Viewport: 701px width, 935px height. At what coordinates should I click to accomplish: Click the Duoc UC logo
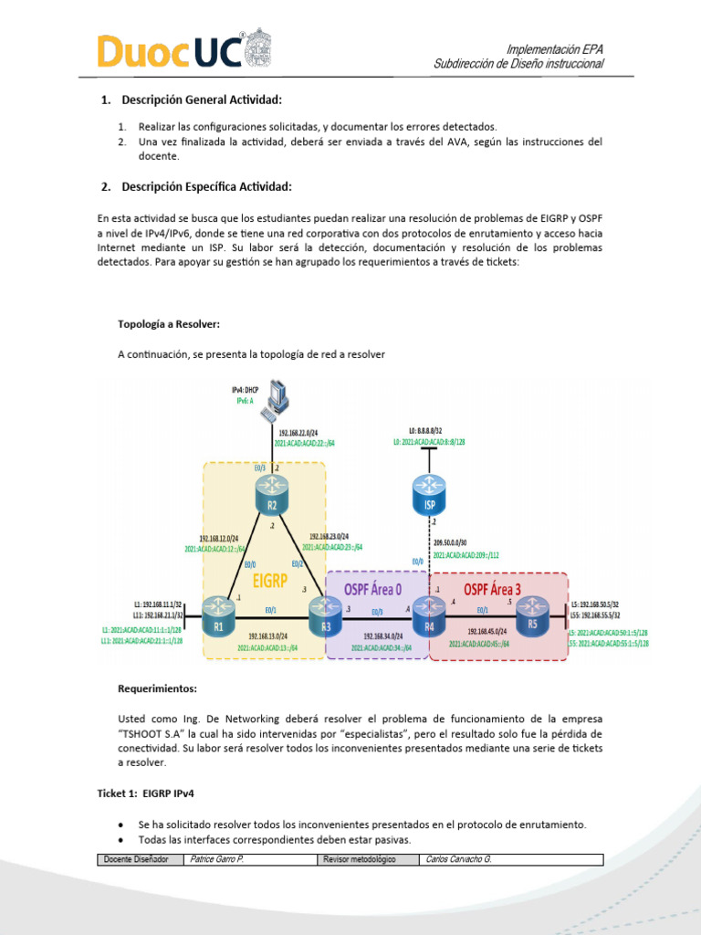(183, 52)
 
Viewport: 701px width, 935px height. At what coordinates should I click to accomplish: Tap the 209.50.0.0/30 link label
(466, 541)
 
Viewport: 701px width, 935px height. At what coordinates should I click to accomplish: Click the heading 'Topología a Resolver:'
(168, 323)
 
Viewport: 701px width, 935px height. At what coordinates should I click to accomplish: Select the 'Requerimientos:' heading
(157, 688)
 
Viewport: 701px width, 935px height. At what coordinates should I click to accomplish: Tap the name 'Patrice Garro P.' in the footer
(217, 859)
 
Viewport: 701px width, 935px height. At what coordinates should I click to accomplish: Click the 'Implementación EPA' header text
(554, 48)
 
